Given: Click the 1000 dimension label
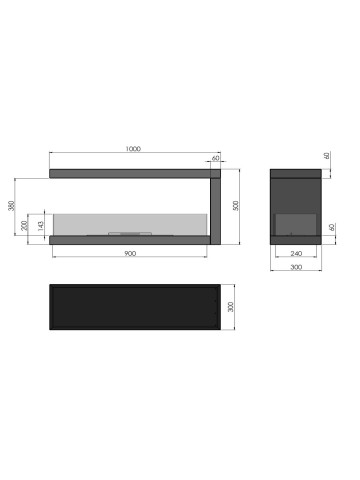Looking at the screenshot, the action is coord(133,149).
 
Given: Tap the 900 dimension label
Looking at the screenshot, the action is coord(130,254).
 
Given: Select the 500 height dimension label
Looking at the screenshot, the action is coord(236,205).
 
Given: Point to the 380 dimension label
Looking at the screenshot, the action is coord(11,206).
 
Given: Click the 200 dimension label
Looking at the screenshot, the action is coord(24,226).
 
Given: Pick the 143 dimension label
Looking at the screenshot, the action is coord(41,226).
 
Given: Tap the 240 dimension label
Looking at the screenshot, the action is coord(296,254).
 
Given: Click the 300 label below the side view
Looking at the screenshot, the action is coord(296,267).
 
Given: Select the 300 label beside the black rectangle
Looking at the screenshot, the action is coord(230,307).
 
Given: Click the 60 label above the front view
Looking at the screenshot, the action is coord(216,158).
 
